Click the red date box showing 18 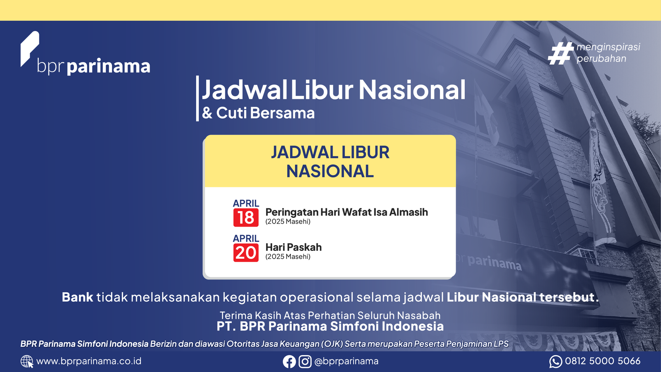point(246,217)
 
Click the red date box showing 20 point(246,253)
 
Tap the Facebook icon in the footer point(289,361)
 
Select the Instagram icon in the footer point(305,361)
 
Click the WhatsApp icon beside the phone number point(556,361)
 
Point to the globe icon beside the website point(27,361)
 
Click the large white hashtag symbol point(561,53)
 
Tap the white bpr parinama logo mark point(29,49)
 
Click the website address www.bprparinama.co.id point(89,361)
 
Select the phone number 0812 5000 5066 point(603,361)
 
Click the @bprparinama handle point(346,361)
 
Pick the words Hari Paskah point(294,247)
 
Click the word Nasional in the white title point(412,90)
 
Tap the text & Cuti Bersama point(259,113)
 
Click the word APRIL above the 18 point(246,203)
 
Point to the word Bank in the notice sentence point(77,297)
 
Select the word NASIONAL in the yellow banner point(330,171)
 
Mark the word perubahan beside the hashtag point(602,58)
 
